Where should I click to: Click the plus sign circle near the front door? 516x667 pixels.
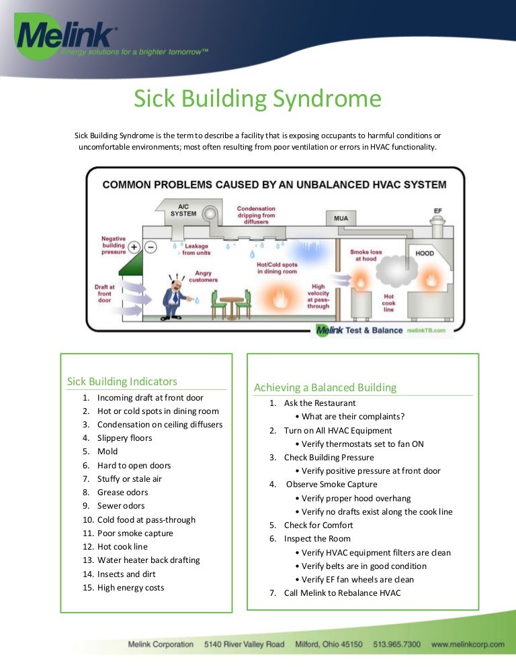point(134,246)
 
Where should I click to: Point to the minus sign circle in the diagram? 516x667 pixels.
point(150,246)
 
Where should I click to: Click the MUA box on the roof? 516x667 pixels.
point(341,219)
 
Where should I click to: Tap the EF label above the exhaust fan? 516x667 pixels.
point(438,211)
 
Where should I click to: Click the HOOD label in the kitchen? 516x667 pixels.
point(425,254)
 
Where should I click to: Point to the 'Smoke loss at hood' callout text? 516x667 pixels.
point(365,255)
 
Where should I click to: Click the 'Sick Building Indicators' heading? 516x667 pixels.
point(122,381)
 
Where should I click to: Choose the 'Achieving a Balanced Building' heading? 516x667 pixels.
point(325,387)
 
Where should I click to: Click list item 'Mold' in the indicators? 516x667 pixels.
point(107,452)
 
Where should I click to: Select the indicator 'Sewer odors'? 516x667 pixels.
point(121,506)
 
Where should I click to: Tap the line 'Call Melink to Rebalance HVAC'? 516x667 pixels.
point(342,593)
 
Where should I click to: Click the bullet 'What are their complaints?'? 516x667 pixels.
point(353,417)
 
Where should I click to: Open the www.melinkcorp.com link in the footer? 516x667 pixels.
point(468,644)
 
